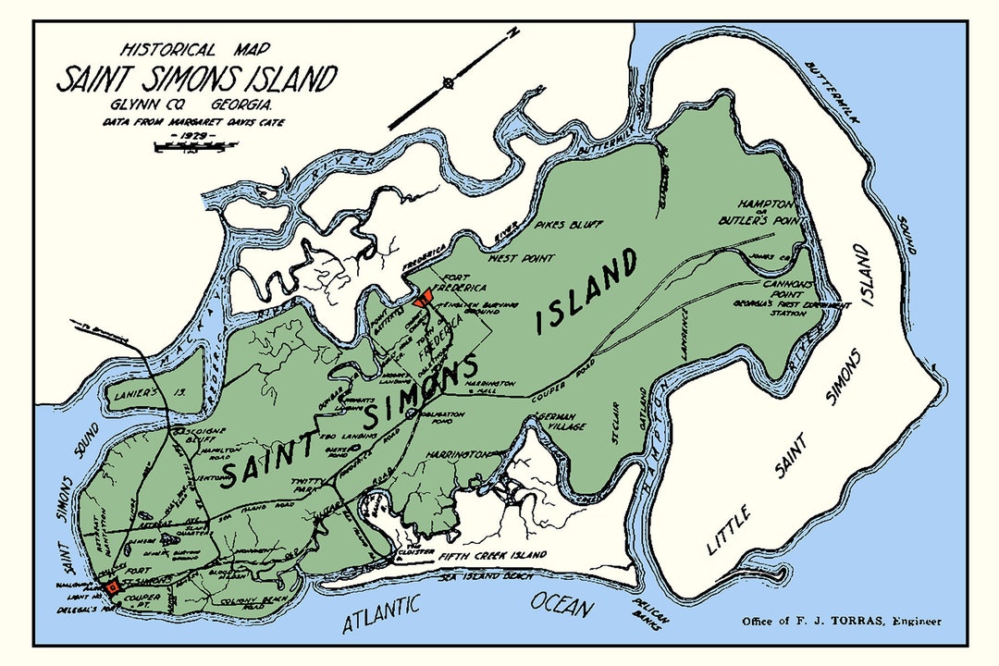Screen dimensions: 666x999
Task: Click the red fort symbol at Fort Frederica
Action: (x=425, y=299)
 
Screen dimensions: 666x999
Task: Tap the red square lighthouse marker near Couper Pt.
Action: (x=113, y=586)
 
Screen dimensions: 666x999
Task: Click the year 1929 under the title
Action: (x=194, y=136)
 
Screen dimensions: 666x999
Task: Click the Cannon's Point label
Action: (x=788, y=288)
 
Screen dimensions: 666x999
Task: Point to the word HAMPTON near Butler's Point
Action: (x=764, y=203)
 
